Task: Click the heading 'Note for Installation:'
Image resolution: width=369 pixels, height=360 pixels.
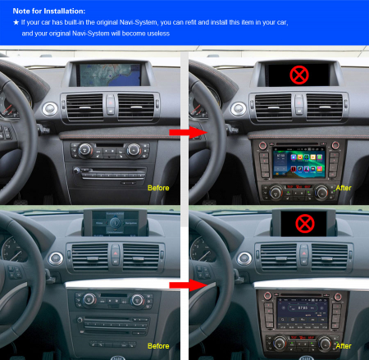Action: coord(49,11)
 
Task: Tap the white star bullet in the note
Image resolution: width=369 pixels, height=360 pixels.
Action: coord(16,22)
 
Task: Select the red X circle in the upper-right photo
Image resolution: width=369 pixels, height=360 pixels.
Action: coord(299,75)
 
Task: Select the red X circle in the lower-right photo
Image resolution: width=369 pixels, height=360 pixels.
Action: coord(305,224)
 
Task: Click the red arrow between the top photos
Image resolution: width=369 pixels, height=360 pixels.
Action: coord(189,133)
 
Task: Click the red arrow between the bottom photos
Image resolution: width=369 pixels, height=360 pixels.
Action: coord(189,285)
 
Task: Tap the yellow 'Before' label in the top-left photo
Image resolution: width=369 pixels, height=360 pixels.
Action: coord(158,188)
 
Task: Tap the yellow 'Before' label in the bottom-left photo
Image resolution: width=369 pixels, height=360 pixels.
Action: coord(158,346)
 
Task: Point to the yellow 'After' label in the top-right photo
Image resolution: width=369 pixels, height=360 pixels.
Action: coord(344,188)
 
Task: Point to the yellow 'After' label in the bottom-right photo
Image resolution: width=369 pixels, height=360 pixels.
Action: coord(344,346)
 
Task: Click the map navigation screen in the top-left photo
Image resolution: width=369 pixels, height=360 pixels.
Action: coord(110,75)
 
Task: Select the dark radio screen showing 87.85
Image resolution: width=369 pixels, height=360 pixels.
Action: coord(303,313)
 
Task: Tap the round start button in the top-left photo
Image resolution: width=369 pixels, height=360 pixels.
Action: coord(50,109)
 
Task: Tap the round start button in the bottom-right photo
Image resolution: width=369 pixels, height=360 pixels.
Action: coord(244,258)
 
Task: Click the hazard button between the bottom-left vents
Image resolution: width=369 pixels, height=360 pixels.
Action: coord(116,253)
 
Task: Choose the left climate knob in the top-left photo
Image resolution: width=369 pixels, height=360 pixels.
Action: coord(85,150)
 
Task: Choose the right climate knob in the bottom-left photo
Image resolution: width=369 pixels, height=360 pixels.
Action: coord(137,300)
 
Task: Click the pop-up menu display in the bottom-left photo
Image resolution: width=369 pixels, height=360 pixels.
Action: coord(115,223)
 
